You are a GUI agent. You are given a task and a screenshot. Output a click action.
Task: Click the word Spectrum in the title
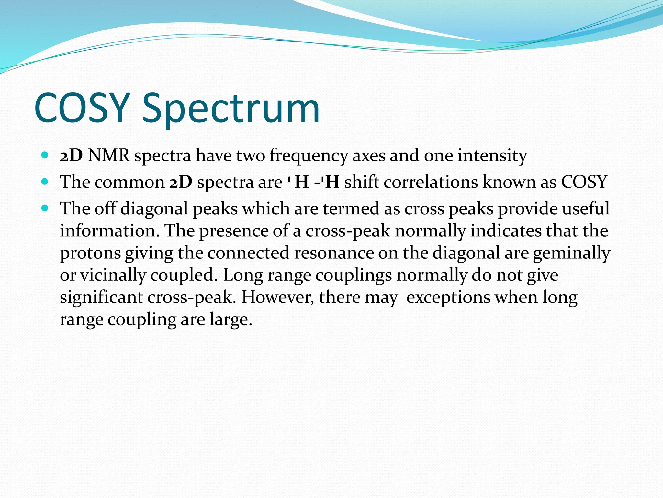click(x=231, y=109)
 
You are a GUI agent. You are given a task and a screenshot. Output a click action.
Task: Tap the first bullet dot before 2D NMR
click(x=45, y=155)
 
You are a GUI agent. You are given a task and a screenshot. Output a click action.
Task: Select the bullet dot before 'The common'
click(x=45, y=182)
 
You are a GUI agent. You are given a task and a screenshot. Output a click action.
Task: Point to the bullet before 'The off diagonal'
click(x=45, y=208)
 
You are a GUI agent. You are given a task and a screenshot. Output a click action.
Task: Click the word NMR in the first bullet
click(x=109, y=156)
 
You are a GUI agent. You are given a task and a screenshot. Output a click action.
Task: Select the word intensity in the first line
click(x=492, y=156)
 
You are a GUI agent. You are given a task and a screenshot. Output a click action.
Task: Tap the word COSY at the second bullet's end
click(x=584, y=182)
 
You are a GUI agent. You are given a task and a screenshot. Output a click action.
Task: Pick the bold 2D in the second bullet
click(x=181, y=182)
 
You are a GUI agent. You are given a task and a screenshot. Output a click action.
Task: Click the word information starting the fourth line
click(x=109, y=231)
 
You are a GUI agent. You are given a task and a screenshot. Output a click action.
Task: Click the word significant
click(x=101, y=297)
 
